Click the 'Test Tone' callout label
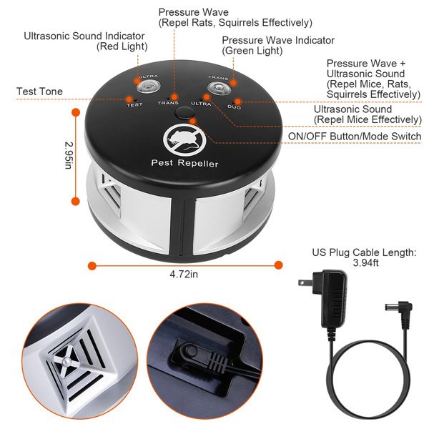(x=39, y=92)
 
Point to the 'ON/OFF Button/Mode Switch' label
(x=354, y=137)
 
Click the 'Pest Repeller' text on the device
(x=184, y=164)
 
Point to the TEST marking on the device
(x=134, y=105)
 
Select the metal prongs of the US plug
(x=303, y=283)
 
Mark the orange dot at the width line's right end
(x=278, y=265)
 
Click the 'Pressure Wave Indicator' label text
(x=278, y=40)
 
